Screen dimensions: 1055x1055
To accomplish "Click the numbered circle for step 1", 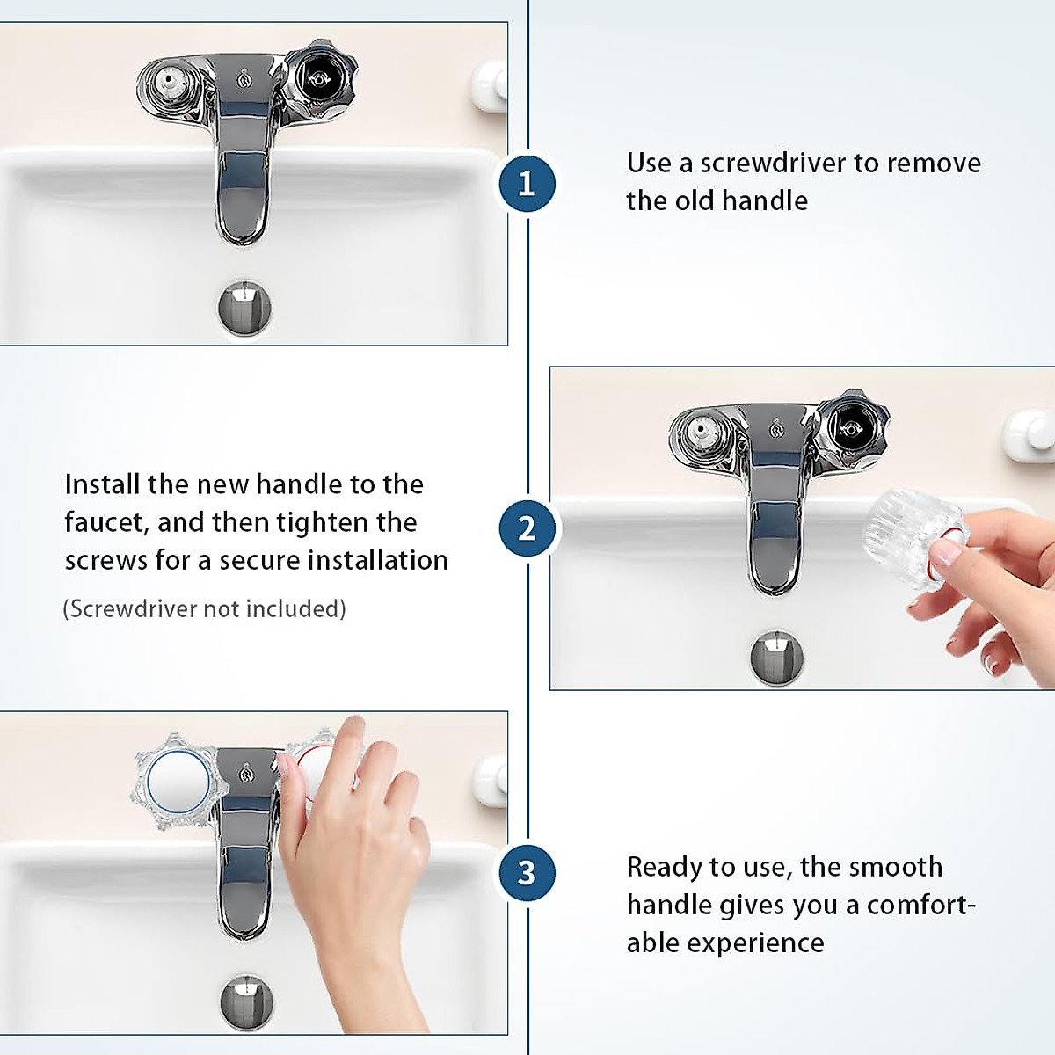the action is tap(527, 184).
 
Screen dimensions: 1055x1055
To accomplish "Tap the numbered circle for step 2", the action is tap(527, 528).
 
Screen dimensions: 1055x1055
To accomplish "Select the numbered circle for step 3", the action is tap(527, 873).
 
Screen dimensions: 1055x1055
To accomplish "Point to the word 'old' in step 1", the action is tap(693, 200).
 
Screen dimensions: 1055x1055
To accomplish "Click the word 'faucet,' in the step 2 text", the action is tap(106, 522).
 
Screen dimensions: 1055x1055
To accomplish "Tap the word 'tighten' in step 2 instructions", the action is tap(322, 523).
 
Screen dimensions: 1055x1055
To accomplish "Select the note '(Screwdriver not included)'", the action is tap(204, 608).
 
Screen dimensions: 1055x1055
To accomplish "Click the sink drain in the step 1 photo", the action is tap(244, 308).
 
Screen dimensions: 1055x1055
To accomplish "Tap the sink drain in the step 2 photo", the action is tap(776, 657).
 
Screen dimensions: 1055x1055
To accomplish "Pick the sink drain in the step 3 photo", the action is tap(246, 1001).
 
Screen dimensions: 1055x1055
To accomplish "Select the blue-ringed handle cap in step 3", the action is tap(178, 782).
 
